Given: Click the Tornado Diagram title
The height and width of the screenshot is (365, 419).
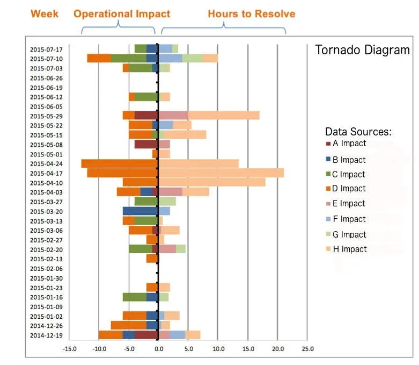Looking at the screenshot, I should (362, 51).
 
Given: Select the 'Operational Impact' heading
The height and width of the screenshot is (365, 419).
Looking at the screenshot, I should (122, 13).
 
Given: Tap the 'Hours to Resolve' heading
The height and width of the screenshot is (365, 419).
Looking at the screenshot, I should (251, 13).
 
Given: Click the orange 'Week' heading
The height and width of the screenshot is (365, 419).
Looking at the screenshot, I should (45, 13).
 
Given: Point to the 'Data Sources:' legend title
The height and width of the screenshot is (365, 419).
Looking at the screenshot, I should (358, 132).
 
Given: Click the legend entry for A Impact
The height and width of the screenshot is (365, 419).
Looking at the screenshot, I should (349, 143).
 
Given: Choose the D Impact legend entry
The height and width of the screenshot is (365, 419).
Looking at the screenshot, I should (349, 188).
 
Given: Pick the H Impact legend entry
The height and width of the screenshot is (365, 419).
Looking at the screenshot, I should (349, 249).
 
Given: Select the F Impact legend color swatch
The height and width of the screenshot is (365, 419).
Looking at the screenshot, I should (328, 219).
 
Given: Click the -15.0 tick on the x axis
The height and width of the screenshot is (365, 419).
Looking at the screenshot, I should (69, 348).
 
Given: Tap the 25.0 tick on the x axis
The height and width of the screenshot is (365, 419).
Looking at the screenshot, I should (307, 348).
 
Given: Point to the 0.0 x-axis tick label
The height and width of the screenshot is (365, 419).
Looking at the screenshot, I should (158, 348).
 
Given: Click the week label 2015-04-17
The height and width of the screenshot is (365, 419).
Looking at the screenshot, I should (46, 173).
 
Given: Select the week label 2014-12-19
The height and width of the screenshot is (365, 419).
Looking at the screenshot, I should (46, 335).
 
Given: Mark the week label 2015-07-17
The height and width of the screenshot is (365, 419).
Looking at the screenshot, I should (46, 49).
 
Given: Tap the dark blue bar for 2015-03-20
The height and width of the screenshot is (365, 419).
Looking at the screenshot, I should (140, 211).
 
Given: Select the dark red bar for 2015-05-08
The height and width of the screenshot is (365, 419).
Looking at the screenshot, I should (146, 144).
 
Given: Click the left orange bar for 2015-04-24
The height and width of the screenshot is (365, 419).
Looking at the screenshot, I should (119, 163).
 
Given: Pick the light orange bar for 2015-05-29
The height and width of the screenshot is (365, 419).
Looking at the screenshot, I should (224, 116).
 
